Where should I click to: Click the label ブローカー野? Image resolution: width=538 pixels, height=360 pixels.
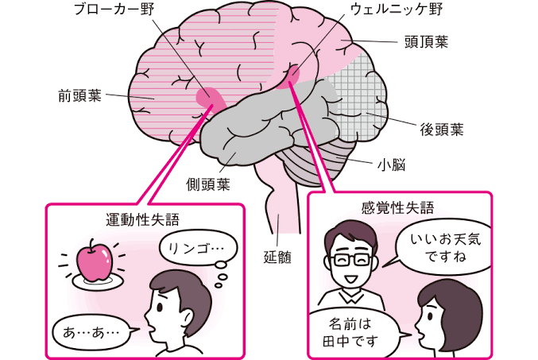pos(114,10)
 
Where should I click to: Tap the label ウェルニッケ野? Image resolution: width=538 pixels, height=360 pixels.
pos(397,10)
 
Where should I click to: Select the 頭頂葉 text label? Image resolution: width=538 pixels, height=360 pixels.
pos(427,42)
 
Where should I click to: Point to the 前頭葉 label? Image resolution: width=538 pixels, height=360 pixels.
pos(80,95)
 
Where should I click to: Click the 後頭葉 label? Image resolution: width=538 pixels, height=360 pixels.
pos(442,130)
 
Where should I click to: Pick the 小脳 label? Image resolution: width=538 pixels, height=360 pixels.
pos(392,165)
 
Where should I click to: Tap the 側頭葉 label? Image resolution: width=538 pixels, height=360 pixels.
pos(208,184)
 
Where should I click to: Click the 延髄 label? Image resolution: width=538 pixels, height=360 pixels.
pos(277,257)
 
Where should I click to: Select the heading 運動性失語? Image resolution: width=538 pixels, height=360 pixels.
pos(143,219)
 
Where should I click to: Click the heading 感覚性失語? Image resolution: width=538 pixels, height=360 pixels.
pos(397,207)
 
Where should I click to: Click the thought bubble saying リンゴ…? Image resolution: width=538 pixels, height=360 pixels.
pos(198,248)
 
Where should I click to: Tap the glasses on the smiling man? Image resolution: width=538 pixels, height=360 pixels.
pos(352,260)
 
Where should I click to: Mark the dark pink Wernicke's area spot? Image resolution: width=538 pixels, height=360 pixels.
pos(290,77)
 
